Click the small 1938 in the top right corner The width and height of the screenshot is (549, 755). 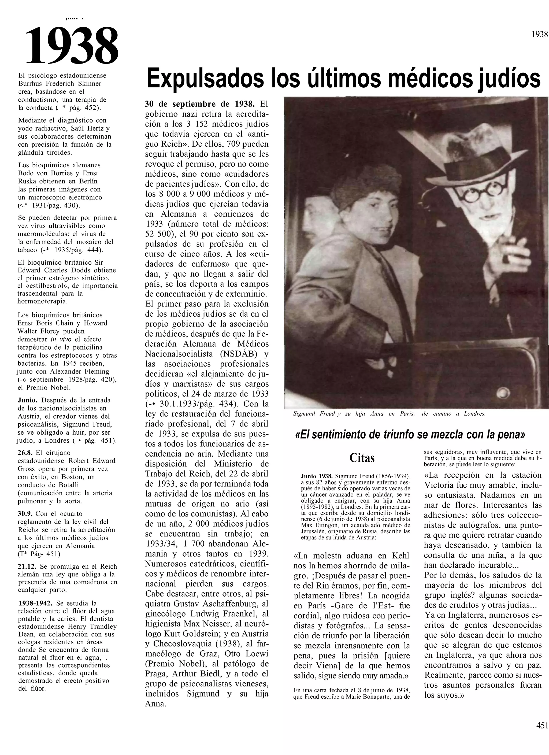(540, 34)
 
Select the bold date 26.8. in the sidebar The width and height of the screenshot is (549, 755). (25, 453)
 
